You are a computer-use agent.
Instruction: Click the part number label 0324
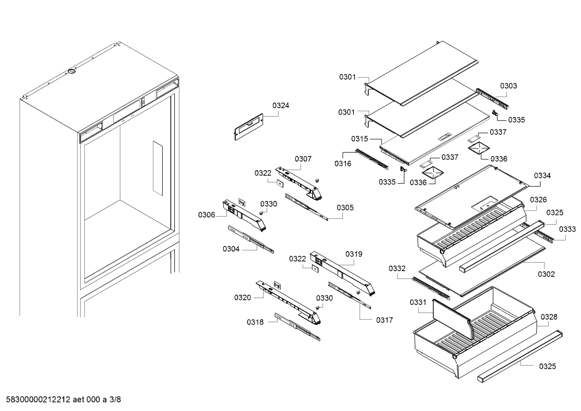pos(280,106)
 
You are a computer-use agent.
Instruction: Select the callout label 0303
pos(508,86)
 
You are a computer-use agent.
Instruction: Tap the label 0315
pos(359,139)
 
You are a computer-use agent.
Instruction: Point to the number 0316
pos(342,163)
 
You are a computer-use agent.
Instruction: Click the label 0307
pos(303,159)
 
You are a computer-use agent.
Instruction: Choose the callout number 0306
pos(206,215)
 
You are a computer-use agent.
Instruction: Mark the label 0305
pos(345,208)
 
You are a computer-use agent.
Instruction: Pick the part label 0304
pos(231,249)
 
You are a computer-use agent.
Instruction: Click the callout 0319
pos(353,254)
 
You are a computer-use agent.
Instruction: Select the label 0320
pos(242,298)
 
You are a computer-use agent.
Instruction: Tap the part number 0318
pos(255,322)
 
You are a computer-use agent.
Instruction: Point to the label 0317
pos(384,320)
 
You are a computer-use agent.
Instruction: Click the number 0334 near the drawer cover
pos(542,175)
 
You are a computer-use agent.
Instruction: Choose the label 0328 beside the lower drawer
pos(549,317)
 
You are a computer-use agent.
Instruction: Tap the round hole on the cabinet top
pos(71,72)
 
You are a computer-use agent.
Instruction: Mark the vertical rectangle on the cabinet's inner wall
pos(158,168)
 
